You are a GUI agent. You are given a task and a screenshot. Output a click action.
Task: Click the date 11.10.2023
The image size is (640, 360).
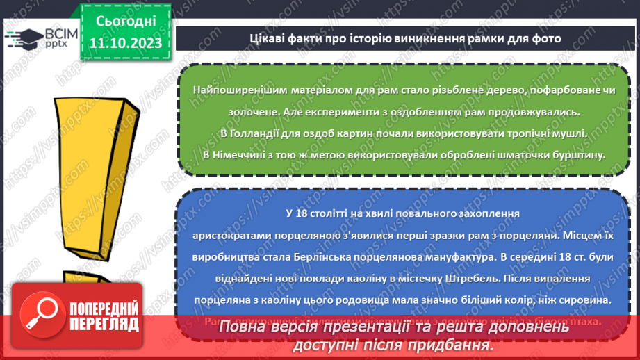tap(125, 43)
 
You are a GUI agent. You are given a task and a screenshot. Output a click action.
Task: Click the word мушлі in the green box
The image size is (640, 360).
tap(572, 133)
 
